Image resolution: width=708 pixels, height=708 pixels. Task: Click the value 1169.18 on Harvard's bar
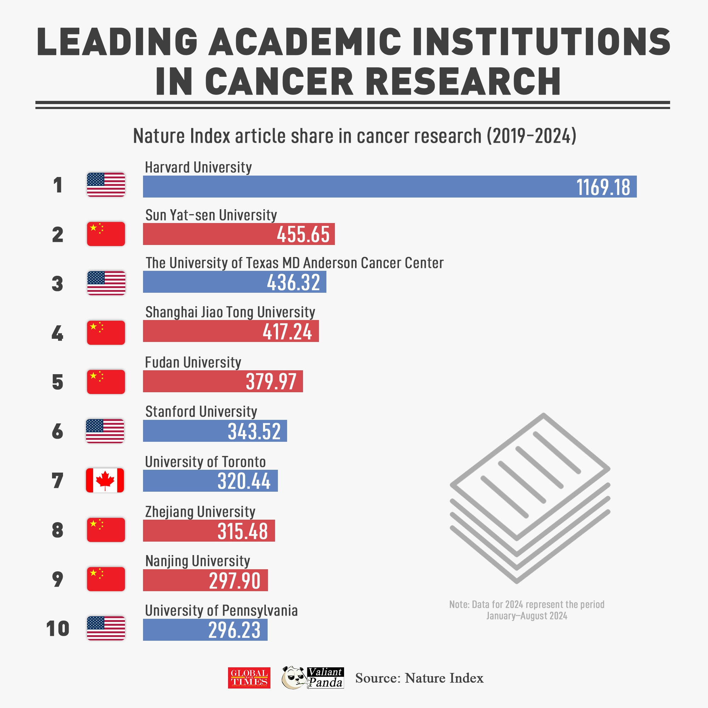[603, 187]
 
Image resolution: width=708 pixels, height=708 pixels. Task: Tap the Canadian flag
[105, 480]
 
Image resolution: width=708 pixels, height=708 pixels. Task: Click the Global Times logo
[249, 678]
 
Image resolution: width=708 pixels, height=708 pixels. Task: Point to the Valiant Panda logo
[313, 678]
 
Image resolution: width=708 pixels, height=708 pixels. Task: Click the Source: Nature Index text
[419, 678]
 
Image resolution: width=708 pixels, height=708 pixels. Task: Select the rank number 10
[58, 629]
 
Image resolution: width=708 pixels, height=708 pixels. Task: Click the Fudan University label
[193, 362]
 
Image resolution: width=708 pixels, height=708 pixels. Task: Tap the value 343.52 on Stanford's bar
[254, 431]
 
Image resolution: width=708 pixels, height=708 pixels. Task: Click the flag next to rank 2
[106, 234]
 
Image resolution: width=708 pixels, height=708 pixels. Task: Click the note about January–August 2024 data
[527, 610]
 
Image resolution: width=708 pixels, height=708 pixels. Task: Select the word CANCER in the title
[279, 81]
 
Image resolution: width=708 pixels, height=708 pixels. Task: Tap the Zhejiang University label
[200, 512]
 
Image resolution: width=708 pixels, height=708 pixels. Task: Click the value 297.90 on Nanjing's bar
[235, 581]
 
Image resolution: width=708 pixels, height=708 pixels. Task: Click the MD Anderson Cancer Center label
[295, 263]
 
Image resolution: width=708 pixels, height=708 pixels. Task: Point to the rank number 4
[58, 333]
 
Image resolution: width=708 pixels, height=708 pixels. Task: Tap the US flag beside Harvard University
[106, 185]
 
